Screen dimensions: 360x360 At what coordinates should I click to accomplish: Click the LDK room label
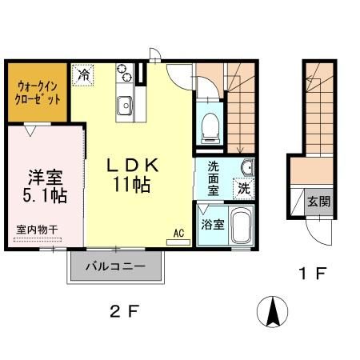pyautogui.click(x=137, y=166)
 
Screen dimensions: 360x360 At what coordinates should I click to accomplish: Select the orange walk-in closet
pyautogui.click(x=38, y=90)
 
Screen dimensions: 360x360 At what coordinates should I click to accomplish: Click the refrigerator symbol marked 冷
pyautogui.click(x=82, y=74)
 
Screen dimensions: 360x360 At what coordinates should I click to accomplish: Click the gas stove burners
pyautogui.click(x=124, y=74)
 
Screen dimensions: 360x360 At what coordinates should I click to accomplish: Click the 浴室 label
pyautogui.click(x=212, y=225)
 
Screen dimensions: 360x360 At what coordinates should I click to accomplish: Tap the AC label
pyautogui.click(x=179, y=234)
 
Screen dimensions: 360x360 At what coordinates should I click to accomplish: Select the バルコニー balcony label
pyautogui.click(x=117, y=266)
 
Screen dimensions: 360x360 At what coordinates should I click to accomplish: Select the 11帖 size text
pyautogui.click(x=137, y=184)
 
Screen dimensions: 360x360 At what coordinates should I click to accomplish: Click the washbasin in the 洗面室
pyautogui.click(x=246, y=167)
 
